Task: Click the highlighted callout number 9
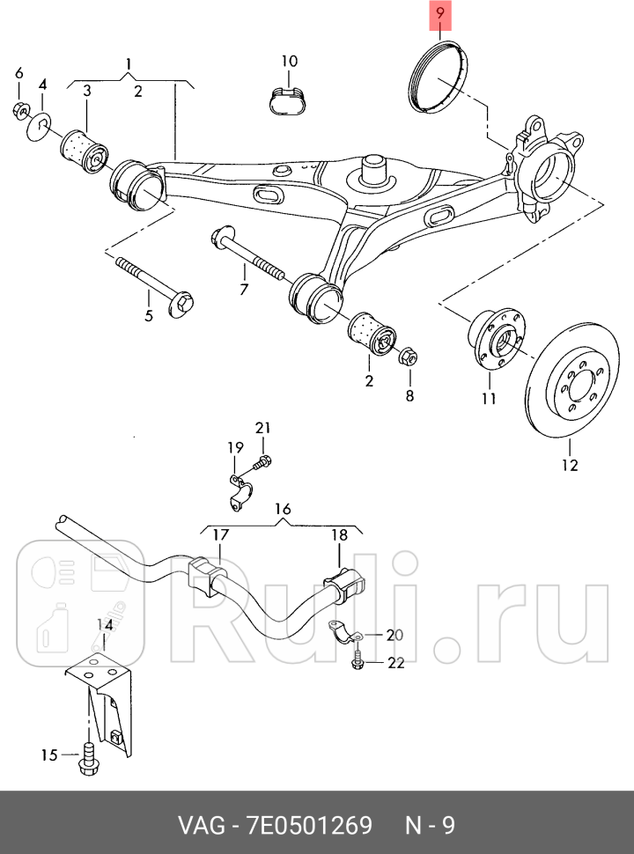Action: (x=439, y=16)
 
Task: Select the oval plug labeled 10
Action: (x=289, y=98)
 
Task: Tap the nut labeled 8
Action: (x=409, y=358)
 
